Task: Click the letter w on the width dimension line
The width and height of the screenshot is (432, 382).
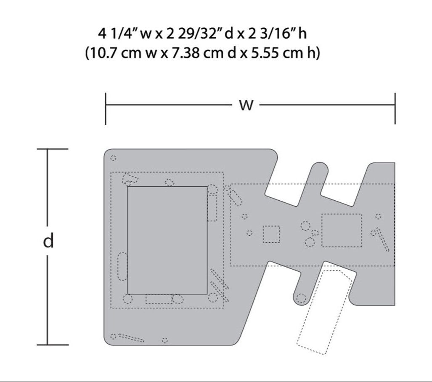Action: (x=246, y=105)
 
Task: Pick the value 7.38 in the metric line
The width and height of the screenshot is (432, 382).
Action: (x=186, y=53)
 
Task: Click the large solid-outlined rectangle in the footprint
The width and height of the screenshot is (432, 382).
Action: (x=167, y=240)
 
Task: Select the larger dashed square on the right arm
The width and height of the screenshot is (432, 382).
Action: (x=342, y=230)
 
